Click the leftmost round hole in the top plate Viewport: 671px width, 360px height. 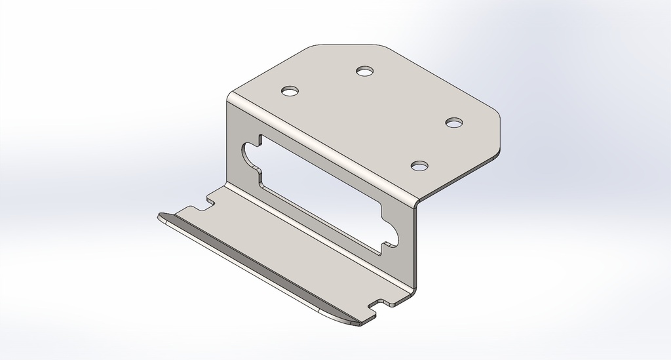289,90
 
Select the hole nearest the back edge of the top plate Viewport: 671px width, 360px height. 365,70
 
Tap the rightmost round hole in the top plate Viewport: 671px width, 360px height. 454,123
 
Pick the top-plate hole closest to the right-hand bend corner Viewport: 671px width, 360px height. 420,165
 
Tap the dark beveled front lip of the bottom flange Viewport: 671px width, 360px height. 262,270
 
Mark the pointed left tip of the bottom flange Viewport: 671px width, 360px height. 160,216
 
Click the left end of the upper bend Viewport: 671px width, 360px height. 230,98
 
